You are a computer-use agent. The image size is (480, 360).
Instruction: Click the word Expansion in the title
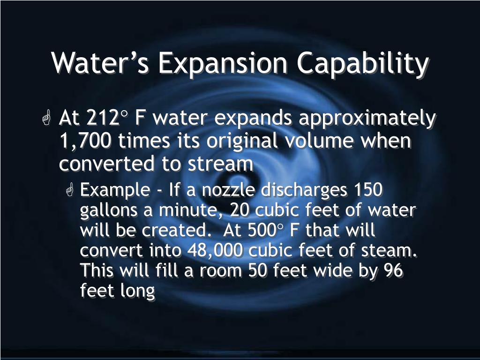[x=223, y=64]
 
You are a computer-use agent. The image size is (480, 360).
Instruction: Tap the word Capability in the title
[x=363, y=64]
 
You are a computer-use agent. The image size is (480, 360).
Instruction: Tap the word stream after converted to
[x=220, y=164]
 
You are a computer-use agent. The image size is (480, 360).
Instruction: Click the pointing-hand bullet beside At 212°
[x=46, y=118]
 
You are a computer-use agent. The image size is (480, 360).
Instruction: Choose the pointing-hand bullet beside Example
[x=69, y=189]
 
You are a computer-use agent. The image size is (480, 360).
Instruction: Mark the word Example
[x=115, y=191]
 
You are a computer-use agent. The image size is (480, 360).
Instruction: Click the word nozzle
[x=228, y=190]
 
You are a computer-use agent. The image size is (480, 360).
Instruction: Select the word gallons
[x=109, y=211]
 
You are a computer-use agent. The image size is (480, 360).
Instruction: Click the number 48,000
[x=215, y=251]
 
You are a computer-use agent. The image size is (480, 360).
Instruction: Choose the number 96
[x=393, y=270]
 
